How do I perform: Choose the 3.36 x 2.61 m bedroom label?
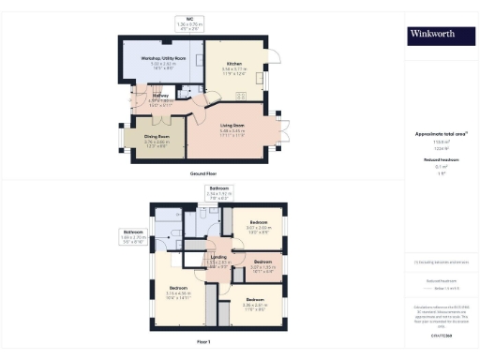tap(256, 302)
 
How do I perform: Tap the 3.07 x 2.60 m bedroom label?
tap(260, 224)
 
